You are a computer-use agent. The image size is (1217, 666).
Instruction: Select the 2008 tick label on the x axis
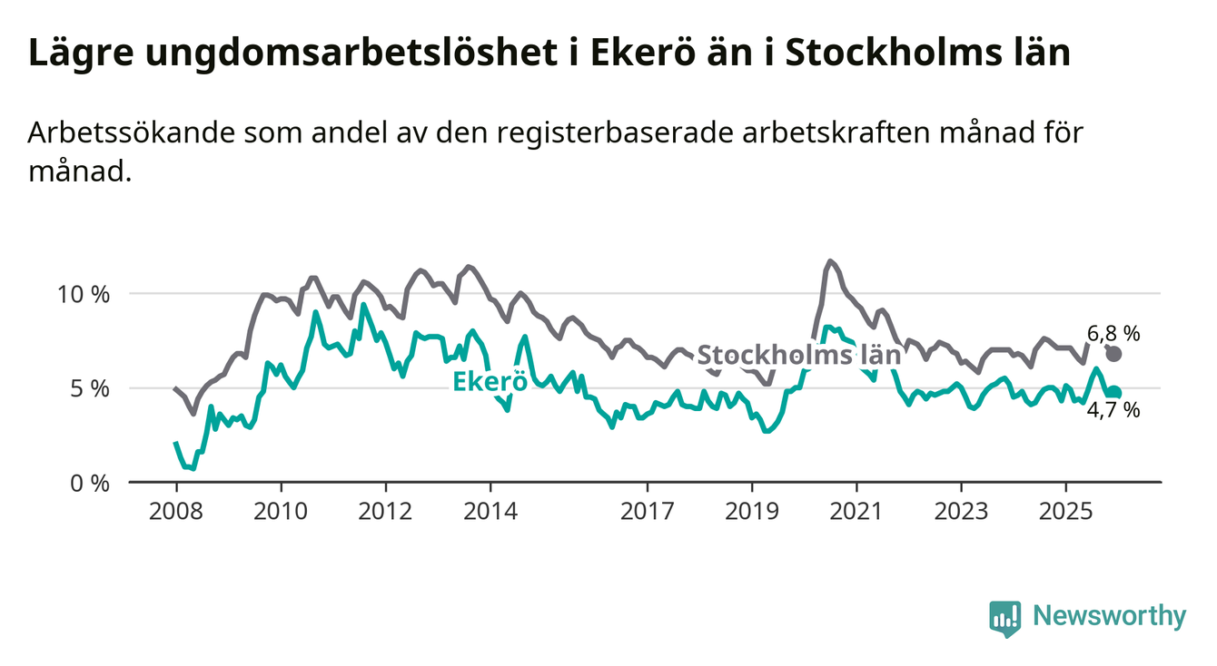click(x=174, y=511)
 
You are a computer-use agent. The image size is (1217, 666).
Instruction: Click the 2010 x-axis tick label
click(x=280, y=511)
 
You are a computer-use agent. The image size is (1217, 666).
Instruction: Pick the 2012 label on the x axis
click(x=385, y=511)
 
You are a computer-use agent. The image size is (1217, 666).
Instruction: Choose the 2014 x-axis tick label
click(x=490, y=511)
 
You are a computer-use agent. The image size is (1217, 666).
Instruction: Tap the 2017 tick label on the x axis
click(x=647, y=511)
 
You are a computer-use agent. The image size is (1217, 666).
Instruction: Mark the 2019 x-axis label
click(x=752, y=511)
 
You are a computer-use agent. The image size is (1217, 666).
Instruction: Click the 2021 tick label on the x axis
click(x=857, y=511)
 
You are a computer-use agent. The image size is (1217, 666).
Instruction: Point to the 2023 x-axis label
click(x=962, y=511)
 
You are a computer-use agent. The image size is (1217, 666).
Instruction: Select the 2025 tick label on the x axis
click(x=1067, y=511)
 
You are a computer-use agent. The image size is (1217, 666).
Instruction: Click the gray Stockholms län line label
click(x=798, y=355)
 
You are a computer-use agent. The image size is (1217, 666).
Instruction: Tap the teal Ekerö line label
click(x=490, y=382)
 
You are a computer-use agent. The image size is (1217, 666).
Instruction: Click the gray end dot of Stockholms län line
click(x=1114, y=354)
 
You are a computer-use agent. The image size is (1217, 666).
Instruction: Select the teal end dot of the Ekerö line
click(x=1114, y=393)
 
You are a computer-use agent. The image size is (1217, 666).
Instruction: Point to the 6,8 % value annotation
click(x=1113, y=333)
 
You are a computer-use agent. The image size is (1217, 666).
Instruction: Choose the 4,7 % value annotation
click(x=1113, y=411)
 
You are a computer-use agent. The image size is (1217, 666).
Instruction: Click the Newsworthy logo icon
click(x=1004, y=618)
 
